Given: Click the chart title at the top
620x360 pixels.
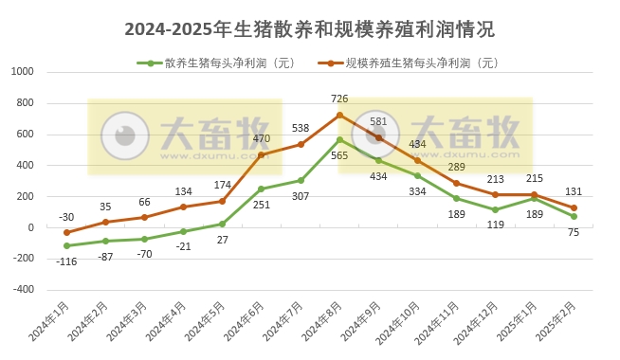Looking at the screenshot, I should [x=309, y=29].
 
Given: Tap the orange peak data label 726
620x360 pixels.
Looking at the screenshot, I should [x=339, y=99].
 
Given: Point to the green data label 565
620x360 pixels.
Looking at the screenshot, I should [x=339, y=156].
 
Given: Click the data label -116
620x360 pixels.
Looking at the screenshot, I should [x=65, y=261].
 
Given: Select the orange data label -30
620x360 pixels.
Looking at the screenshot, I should [x=65, y=216].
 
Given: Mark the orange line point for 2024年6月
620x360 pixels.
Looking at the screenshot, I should [x=262, y=154].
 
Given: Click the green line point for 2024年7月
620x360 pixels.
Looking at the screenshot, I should [x=301, y=180].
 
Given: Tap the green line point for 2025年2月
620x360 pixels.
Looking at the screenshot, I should [x=574, y=216].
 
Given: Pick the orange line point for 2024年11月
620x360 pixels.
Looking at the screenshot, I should [x=457, y=183].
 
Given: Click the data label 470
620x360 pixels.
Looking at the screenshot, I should [x=262, y=138].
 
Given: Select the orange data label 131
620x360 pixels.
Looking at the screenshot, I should [x=574, y=190].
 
